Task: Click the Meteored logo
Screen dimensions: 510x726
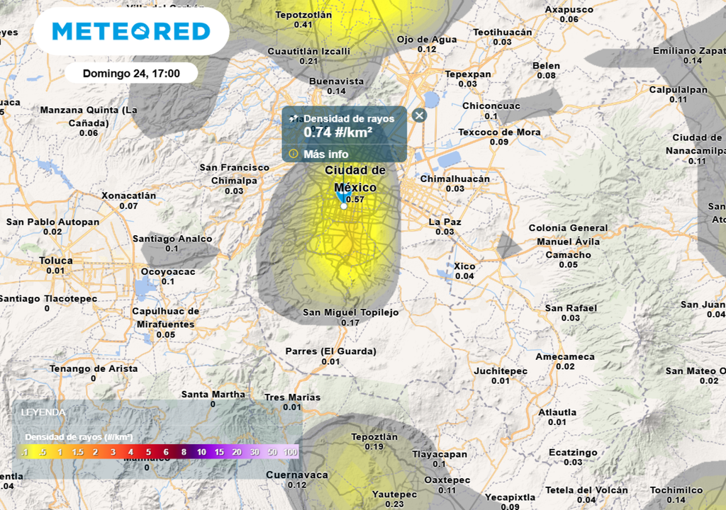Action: click(131, 31)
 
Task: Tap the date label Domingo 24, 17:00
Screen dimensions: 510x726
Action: click(131, 73)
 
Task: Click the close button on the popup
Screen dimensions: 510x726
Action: click(420, 115)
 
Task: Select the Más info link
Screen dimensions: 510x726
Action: click(326, 154)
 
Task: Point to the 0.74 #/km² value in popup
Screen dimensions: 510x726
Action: click(338, 132)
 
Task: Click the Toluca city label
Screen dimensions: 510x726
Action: click(55, 261)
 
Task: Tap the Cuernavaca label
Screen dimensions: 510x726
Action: click(297, 475)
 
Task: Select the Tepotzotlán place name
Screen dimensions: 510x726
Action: click(303, 14)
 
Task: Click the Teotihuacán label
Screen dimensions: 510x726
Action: click(502, 32)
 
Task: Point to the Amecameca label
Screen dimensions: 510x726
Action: click(565, 356)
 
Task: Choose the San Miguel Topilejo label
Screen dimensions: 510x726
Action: click(351, 312)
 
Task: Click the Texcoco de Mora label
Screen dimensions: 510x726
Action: click(499, 132)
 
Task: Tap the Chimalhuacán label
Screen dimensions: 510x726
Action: click(454, 178)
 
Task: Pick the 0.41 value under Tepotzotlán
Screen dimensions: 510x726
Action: click(303, 25)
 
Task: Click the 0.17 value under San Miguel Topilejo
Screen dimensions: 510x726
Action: click(351, 323)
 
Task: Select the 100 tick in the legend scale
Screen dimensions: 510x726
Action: click(291, 451)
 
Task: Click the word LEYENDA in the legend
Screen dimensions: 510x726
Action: click(43, 412)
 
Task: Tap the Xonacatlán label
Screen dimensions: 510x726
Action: click(128, 195)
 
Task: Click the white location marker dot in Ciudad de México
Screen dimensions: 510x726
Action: click(344, 207)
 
